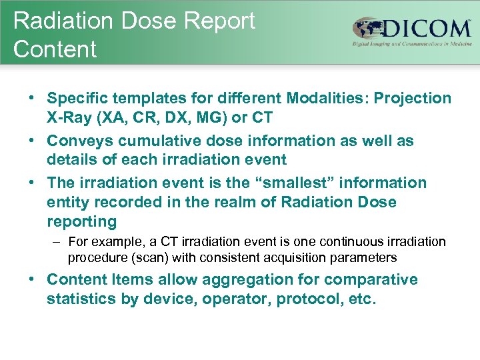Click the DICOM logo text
[427, 30]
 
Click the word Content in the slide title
[55, 49]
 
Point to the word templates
[136, 99]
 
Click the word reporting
[81, 221]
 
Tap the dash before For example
[55, 242]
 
